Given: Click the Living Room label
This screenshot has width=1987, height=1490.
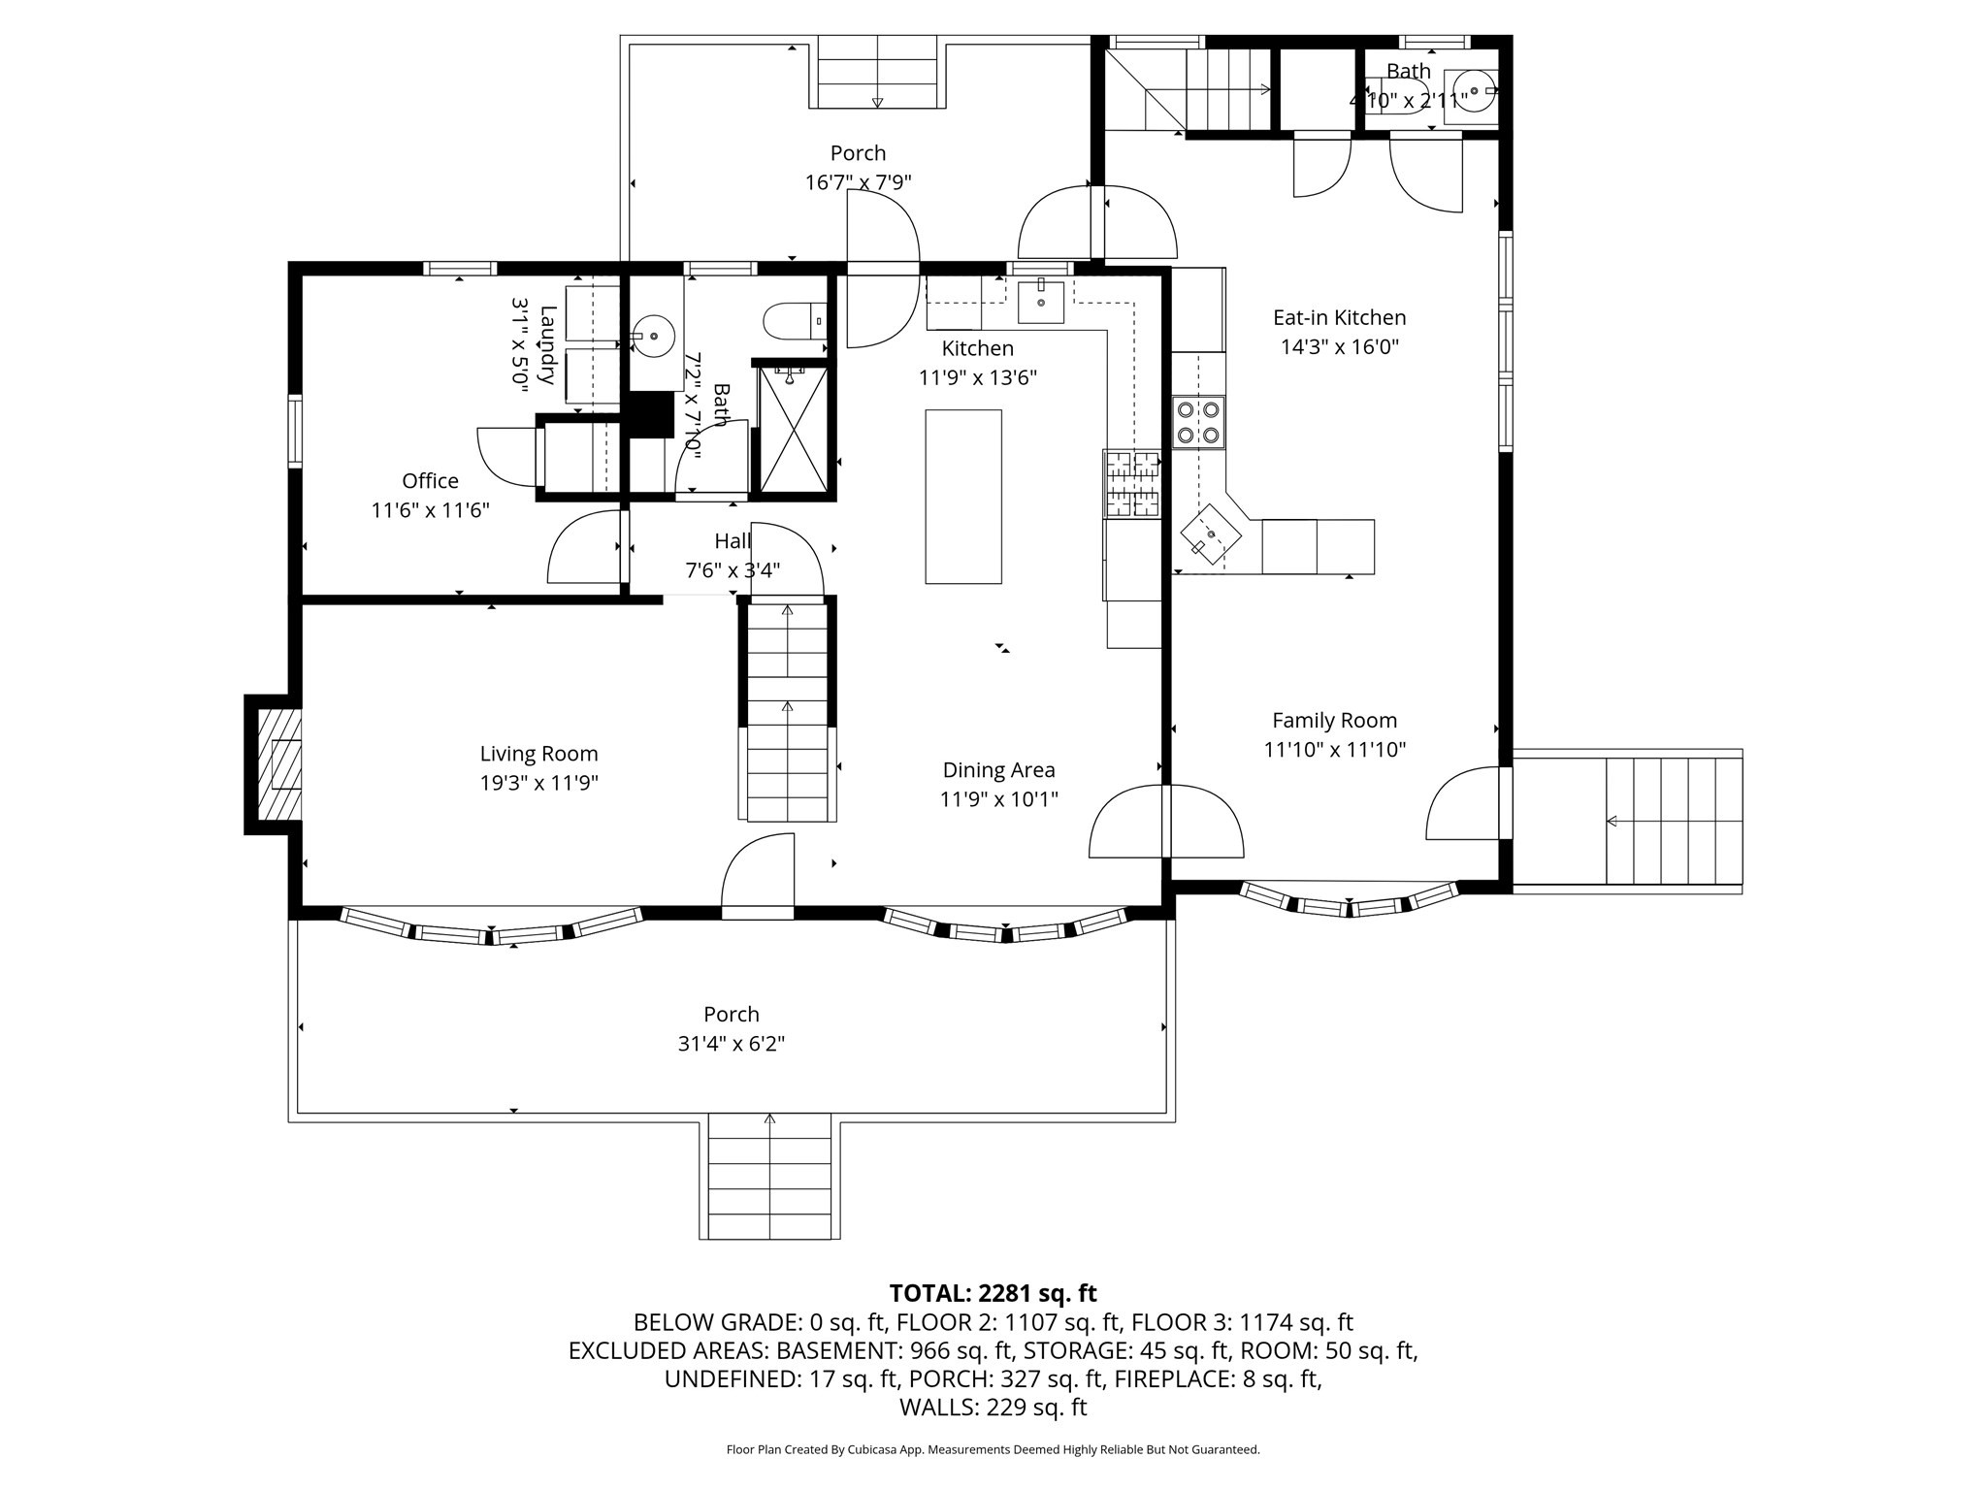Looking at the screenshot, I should point(538,754).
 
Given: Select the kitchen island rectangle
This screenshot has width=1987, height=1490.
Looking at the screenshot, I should point(962,496).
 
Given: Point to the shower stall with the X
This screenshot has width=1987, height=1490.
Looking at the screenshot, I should point(794,430).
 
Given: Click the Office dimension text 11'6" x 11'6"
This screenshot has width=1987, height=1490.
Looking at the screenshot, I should point(430,510).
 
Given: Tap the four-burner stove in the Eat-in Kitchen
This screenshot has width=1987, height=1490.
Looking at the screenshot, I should point(1198,422).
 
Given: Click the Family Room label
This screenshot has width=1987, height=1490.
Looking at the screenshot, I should point(1334,721).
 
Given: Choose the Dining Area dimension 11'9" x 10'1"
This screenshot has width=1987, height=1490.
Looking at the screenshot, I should point(998,799).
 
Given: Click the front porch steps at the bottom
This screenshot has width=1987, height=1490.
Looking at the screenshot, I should point(769,1176).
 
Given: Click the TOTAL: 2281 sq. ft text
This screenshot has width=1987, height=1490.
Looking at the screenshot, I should point(993,1293).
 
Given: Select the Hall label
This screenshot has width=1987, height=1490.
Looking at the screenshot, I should point(732,541).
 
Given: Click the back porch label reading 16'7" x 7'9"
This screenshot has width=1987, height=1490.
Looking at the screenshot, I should point(858,182).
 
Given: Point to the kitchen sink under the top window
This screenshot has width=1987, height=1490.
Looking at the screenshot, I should point(1040,302).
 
